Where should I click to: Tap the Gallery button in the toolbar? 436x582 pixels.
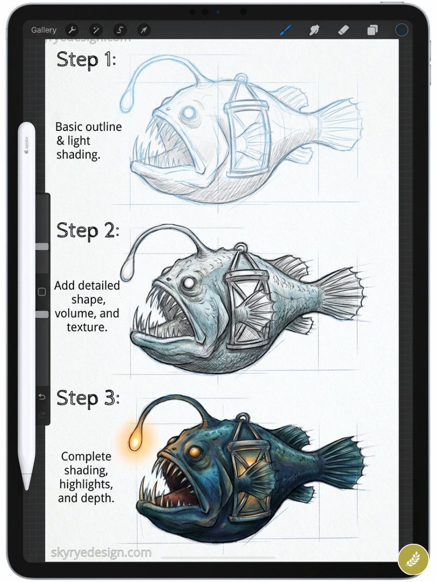(44, 30)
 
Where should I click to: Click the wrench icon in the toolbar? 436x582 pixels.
(72, 30)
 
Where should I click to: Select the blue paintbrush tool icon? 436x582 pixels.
(285, 30)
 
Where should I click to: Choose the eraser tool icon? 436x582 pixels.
(343, 30)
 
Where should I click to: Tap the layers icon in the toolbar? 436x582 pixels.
(372, 30)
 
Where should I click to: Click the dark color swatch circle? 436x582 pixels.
(401, 30)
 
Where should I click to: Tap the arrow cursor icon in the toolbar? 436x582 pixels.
(144, 30)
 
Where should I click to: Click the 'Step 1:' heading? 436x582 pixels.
(86, 60)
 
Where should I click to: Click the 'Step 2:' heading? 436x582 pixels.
(88, 231)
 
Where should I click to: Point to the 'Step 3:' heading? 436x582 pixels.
(88, 398)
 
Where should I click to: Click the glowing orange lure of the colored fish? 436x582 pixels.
(135, 442)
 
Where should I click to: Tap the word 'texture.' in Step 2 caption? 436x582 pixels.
(87, 327)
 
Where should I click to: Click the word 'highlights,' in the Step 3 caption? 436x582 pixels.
(86, 484)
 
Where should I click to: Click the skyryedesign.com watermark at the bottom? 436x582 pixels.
(101, 553)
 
